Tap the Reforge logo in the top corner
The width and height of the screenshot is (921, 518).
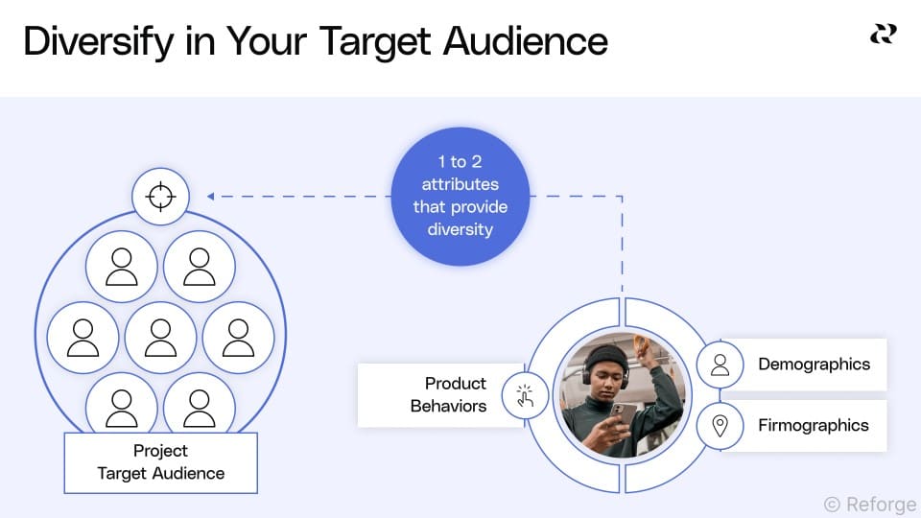pyautogui.click(x=883, y=35)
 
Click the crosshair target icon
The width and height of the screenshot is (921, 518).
pyautogui.click(x=160, y=197)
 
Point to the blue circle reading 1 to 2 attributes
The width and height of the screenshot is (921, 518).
pyautogui.click(x=460, y=196)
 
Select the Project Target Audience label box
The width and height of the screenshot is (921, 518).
pyautogui.click(x=160, y=462)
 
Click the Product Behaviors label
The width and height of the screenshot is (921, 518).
pyautogui.click(x=449, y=394)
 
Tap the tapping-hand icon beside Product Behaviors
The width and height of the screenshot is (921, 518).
pyautogui.click(x=525, y=394)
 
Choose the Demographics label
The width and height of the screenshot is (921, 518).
pyautogui.click(x=814, y=365)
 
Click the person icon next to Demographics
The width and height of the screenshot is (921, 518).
pyautogui.click(x=720, y=365)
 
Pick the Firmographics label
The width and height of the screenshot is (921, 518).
pyautogui.click(x=813, y=425)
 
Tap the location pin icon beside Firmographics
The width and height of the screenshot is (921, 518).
pyautogui.click(x=720, y=426)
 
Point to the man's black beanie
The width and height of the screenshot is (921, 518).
pyautogui.click(x=606, y=356)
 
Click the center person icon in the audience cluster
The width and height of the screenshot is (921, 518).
pyautogui.click(x=160, y=338)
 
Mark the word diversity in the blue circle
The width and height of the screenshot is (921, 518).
pyautogui.click(x=460, y=229)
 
